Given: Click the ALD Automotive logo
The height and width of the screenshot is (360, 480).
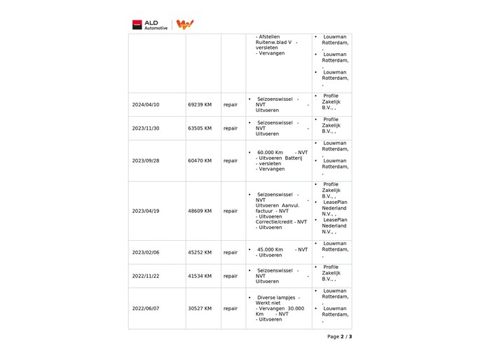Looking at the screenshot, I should [x=150, y=25].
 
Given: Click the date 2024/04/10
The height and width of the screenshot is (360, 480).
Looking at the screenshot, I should [x=146, y=104].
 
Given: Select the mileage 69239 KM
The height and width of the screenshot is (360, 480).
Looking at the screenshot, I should [x=200, y=104].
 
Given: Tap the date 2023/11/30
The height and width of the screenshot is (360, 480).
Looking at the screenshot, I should [x=146, y=128].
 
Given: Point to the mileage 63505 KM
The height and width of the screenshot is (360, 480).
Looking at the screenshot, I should [x=200, y=128].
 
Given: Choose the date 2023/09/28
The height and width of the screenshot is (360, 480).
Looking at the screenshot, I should [x=146, y=160].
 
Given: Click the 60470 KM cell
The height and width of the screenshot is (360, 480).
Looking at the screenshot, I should [x=200, y=160].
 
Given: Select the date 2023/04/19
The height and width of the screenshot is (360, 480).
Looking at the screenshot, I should [x=146, y=211].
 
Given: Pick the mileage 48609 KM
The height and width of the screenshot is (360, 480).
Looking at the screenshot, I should [x=200, y=211].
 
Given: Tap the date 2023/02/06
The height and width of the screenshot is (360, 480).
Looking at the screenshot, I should [x=146, y=252].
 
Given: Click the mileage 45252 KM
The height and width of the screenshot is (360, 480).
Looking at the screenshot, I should [x=200, y=252].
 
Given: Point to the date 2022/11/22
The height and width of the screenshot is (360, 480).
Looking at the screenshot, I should [x=146, y=276].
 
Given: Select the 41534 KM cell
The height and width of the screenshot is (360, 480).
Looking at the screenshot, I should [x=200, y=276].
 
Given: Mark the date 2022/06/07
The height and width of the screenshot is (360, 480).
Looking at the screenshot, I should [x=146, y=308].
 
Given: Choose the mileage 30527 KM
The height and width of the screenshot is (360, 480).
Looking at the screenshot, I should [x=200, y=308].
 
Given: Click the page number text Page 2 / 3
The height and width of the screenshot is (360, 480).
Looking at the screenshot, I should [x=339, y=336].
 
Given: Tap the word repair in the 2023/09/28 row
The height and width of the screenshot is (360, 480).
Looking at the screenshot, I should [x=231, y=160].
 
